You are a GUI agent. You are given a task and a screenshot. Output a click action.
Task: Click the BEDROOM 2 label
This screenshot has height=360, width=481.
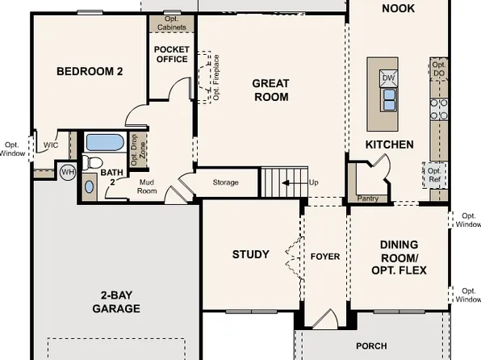tap(89, 71)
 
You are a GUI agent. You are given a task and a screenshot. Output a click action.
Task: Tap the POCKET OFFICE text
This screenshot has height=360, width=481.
tap(170, 54)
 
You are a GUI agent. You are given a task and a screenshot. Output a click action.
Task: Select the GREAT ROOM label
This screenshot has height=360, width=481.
tap(270, 90)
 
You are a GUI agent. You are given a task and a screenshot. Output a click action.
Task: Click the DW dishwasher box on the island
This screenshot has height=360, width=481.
tap(388, 77)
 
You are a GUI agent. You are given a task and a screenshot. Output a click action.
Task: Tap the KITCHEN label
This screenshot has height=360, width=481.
tap(390, 144)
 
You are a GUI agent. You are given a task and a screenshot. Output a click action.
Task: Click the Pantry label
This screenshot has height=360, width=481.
tap(366, 198)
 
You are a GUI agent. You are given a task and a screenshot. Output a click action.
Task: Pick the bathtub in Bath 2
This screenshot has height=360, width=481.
tap(104, 143)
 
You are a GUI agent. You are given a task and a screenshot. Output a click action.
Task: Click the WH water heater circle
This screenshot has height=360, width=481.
tap(67, 171)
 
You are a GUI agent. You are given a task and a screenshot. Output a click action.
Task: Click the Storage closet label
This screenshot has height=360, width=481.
tap(225, 182)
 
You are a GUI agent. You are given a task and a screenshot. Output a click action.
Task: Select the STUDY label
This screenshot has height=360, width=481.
tap(250, 254)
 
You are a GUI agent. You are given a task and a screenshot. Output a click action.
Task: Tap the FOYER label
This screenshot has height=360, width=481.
tap(324, 257)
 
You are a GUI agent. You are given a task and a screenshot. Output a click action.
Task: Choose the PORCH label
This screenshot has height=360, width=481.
tap(371, 345)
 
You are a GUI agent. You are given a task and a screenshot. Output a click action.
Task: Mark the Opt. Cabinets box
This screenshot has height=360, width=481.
tap(170, 23)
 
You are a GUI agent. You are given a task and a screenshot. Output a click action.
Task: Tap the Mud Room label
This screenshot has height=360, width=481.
tap(147, 188)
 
